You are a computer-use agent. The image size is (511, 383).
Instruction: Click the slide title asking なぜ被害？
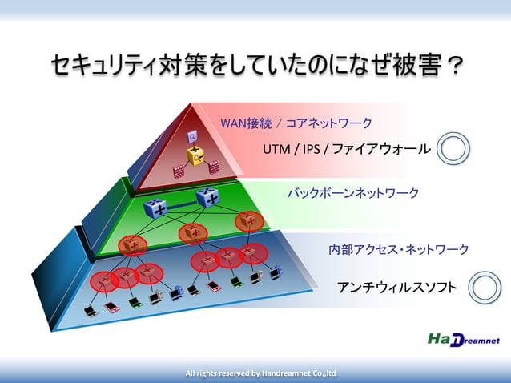255,65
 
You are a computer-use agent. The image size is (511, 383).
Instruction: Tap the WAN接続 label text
246,123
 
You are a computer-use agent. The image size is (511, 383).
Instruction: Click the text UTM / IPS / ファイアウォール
346,149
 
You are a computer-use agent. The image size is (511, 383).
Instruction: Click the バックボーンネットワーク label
352,194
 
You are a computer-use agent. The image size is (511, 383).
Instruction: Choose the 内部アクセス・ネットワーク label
399,250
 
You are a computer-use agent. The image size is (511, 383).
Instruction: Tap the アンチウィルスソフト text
396,287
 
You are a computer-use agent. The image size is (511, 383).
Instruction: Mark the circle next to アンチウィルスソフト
484,287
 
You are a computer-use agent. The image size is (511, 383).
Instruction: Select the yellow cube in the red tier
195,155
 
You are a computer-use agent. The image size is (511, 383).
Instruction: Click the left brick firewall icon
179,170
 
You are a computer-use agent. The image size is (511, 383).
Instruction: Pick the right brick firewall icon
215,167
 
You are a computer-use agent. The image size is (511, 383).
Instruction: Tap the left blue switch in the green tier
155,209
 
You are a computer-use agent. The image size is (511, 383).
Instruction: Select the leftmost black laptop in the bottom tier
92,309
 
